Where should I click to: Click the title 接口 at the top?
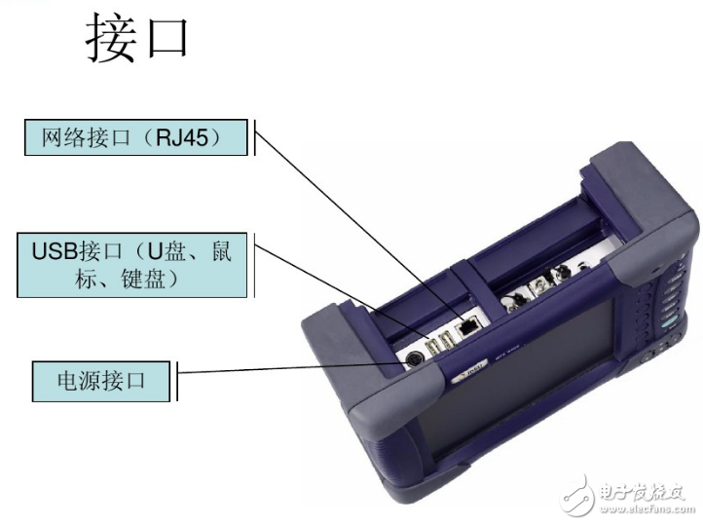point(137,40)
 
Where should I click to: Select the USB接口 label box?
point(131,264)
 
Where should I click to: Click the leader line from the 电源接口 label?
point(292,368)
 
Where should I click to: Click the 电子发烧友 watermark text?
point(647,486)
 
